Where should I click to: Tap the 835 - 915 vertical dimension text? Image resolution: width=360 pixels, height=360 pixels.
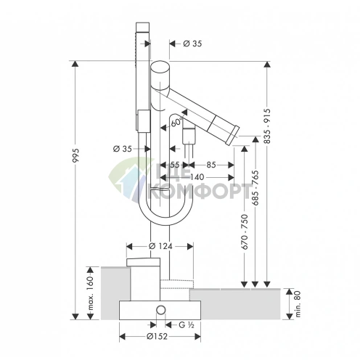pyautogui.click(x=267, y=126)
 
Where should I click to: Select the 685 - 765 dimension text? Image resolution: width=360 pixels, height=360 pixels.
pyautogui.click(x=255, y=188)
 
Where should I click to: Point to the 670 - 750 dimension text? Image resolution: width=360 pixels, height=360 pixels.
pyautogui.click(x=245, y=232)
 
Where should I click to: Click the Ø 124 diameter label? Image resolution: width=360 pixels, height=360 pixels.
pyautogui.click(x=160, y=246)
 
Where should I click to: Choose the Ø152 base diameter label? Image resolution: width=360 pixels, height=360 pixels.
pyautogui.click(x=157, y=336)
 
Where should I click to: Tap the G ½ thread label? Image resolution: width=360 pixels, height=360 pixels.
pyautogui.click(x=187, y=325)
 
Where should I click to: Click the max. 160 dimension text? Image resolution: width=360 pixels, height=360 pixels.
pyautogui.click(x=90, y=293)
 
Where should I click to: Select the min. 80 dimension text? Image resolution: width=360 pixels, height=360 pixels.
pyautogui.click(x=298, y=304)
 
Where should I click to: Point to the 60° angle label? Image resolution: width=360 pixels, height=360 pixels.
pyautogui.click(x=176, y=123)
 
